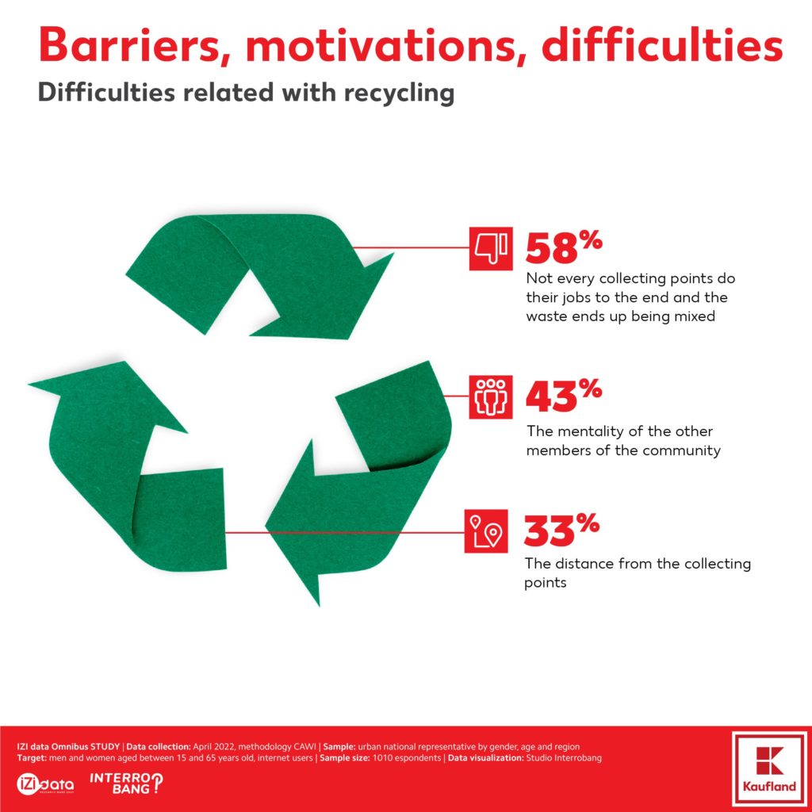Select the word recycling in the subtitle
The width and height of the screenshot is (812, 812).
click(400, 94)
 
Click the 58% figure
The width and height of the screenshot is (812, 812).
click(564, 247)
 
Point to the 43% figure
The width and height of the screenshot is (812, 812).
click(564, 396)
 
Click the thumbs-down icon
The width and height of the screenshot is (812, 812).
click(490, 248)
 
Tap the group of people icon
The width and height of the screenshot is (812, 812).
click(490, 397)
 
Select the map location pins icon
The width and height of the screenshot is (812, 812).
click(486, 530)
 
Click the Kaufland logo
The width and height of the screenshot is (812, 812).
click(769, 769)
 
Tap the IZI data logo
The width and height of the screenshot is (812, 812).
click(45, 784)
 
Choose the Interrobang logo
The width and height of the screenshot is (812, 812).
click(126, 783)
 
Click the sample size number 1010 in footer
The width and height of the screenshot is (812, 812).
click(381, 758)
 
